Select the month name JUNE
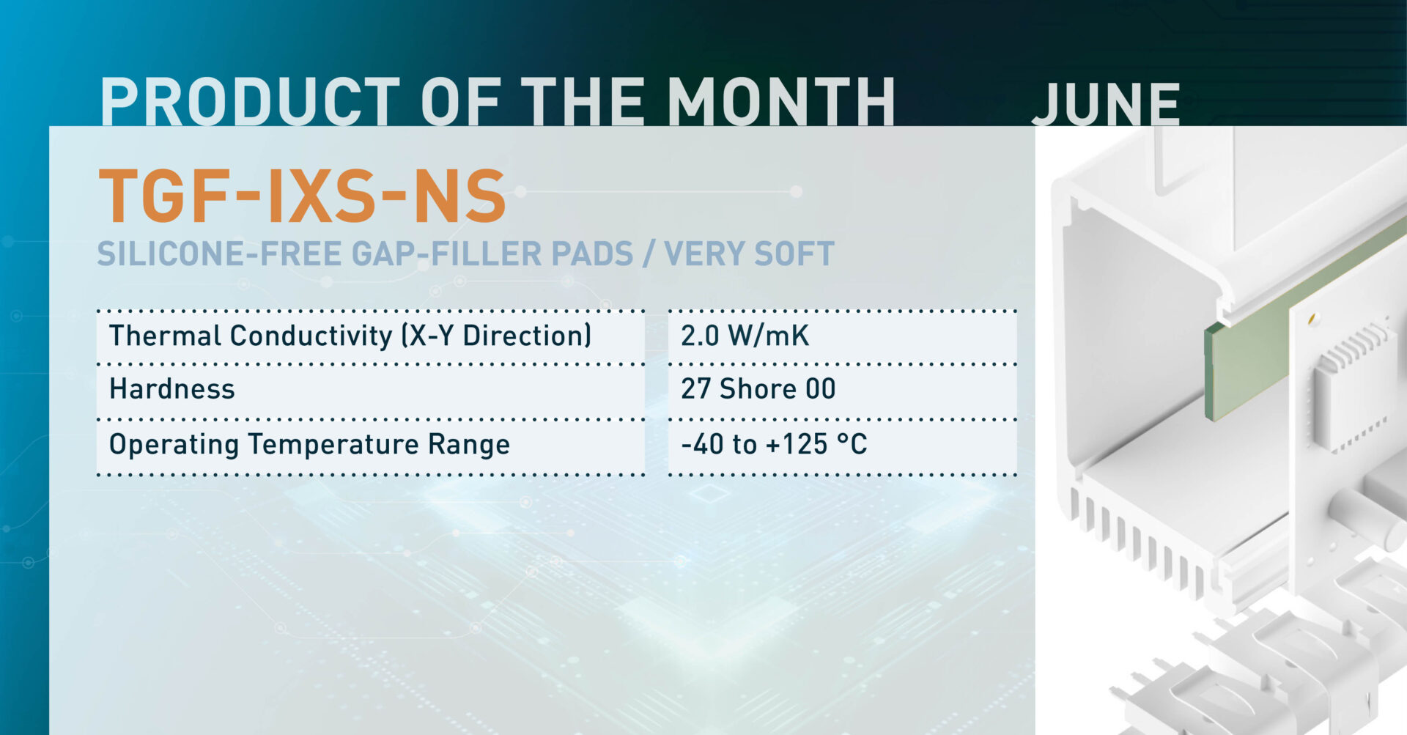point(1106,105)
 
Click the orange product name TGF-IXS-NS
point(302,196)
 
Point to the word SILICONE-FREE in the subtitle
point(219,254)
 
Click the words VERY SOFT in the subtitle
point(749,254)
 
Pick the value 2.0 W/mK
point(745,336)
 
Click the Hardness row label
point(172,389)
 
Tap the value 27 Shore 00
point(758,389)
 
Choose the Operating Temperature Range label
point(309,445)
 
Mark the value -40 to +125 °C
point(773,445)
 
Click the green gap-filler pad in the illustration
point(1246,352)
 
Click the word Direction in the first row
point(527,336)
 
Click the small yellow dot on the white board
point(1312,319)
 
